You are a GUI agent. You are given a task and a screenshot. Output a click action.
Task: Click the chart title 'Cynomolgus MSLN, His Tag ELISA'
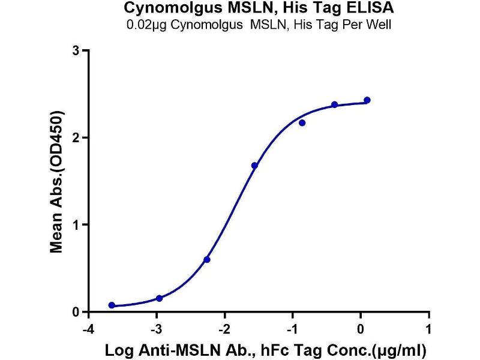pos(259,8)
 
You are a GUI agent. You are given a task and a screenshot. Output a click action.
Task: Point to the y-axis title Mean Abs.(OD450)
pos(58,181)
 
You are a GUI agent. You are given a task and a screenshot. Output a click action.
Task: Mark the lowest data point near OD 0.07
pos(112,305)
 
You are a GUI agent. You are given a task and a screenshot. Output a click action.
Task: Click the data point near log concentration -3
pos(159,298)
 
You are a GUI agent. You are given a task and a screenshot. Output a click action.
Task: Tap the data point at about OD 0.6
pos(207,260)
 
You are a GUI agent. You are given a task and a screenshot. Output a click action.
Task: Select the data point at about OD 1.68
pos(254,166)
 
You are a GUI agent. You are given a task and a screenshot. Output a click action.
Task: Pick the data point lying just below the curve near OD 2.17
pos(302,123)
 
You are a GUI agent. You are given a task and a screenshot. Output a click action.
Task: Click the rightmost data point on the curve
pos(367,100)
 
